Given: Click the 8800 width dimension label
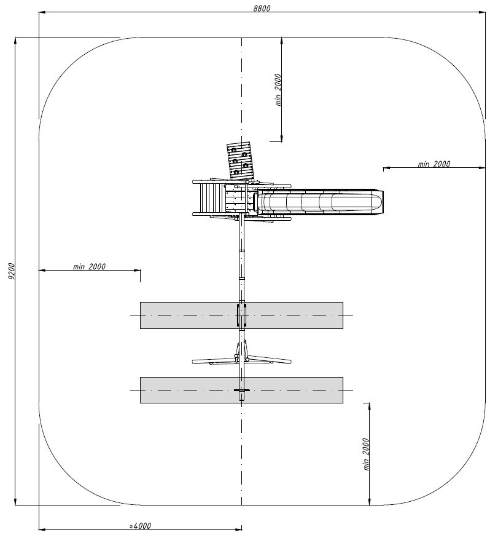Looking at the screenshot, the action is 262,8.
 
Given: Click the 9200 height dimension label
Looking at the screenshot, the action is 11,271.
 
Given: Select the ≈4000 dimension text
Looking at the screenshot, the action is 140,526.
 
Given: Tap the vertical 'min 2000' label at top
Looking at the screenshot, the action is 278,90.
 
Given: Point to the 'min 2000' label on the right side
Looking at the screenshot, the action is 434,164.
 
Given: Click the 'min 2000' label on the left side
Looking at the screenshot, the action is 89,266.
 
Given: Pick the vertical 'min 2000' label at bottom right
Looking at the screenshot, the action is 366,454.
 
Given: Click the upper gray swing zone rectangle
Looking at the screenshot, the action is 191,315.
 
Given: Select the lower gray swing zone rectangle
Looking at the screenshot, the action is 191,390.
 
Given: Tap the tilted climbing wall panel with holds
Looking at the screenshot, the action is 241,160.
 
